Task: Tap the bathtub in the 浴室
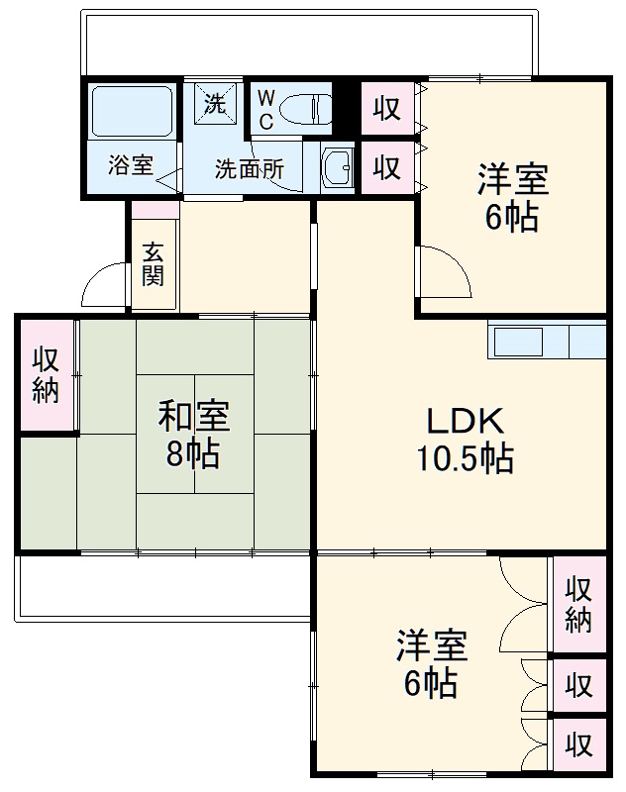pos(132,111)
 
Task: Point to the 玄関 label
pos(152,263)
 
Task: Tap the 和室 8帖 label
pos(194,435)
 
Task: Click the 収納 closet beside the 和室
pos(47,374)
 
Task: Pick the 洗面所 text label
pos(250,168)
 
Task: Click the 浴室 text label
pos(131,165)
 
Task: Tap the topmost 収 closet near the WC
pos(387,109)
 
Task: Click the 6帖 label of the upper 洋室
pos(512,217)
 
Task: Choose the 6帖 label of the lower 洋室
pos(430,682)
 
